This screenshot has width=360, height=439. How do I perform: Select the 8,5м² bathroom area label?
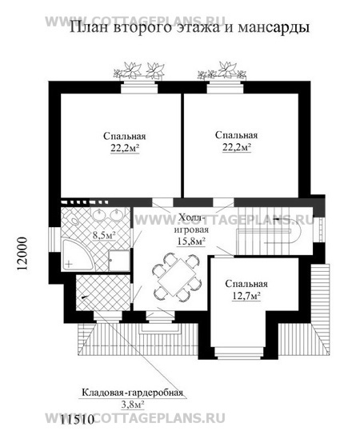pyautogui.click(x=104, y=235)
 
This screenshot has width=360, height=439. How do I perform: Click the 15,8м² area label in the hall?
pyautogui.click(x=190, y=238)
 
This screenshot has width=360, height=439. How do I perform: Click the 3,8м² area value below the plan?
pyautogui.click(x=132, y=405)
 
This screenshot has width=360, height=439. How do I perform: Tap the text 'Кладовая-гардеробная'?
pyautogui.click(x=132, y=393)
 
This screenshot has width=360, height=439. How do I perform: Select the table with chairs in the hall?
pyautogui.click(x=171, y=277)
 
